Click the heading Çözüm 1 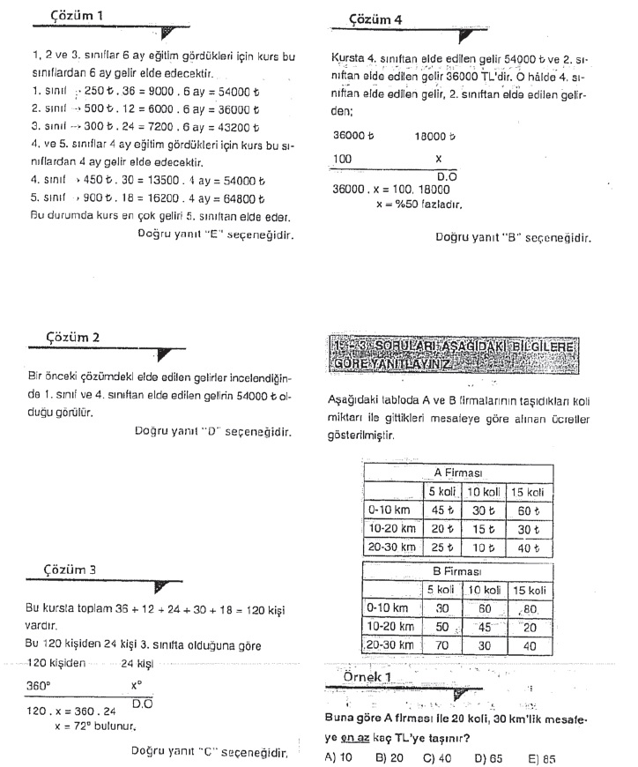coord(78,16)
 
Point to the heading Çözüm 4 coord(376,18)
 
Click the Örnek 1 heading coord(369,675)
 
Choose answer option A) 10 coord(339,756)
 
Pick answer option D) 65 coord(486,756)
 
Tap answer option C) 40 coord(437,756)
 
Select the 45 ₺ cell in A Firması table coord(440,510)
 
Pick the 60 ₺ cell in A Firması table coord(526,510)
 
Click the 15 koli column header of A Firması coord(527,491)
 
